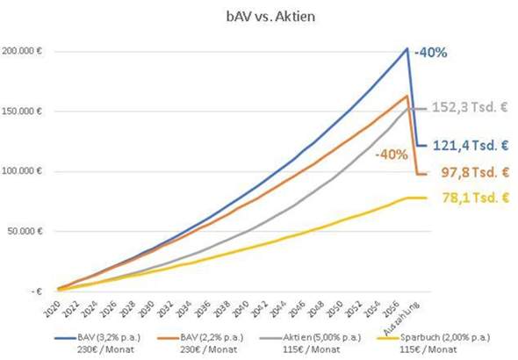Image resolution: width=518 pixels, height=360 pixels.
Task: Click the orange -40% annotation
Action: pyautogui.click(x=389, y=155)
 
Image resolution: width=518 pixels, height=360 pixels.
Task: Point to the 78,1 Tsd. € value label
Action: pyautogui.click(x=474, y=198)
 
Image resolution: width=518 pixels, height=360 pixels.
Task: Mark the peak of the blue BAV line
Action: pyautogui.click(x=407, y=48)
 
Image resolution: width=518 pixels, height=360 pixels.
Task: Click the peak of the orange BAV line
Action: pyautogui.click(x=407, y=96)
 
